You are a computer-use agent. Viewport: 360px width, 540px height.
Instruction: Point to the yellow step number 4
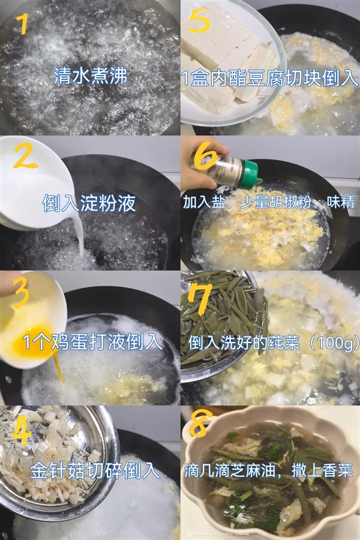(x=21, y=429)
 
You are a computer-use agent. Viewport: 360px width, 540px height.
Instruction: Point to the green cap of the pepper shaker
(x=249, y=172)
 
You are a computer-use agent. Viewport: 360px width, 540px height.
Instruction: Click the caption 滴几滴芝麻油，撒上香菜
(x=270, y=469)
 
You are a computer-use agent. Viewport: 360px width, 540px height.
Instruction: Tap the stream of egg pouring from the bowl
(x=58, y=366)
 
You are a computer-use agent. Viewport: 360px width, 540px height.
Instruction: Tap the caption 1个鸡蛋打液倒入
(x=92, y=341)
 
